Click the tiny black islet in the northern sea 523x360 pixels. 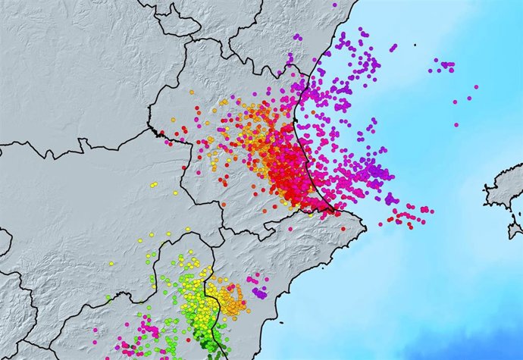pyautogui.click(x=415, y=45)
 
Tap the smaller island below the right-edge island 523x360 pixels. pyautogui.click(x=515, y=228)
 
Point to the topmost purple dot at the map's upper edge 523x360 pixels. pyautogui.click(x=334, y=5)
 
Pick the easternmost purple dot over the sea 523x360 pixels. pyautogui.click(x=475, y=87)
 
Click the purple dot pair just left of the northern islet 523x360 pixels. pyautogui.click(x=393, y=47)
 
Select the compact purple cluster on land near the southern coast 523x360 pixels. pyautogui.click(x=259, y=292)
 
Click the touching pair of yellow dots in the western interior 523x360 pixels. pyautogui.click(x=174, y=193)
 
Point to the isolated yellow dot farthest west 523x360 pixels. pyautogui.click(x=153, y=183)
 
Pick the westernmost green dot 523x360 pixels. pyautogui.click(x=108, y=297)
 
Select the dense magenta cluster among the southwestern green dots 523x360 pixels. pyautogui.click(x=148, y=329)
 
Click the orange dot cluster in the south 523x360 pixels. pyautogui.click(x=227, y=297)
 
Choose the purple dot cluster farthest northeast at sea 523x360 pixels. pyautogui.click(x=446, y=65)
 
